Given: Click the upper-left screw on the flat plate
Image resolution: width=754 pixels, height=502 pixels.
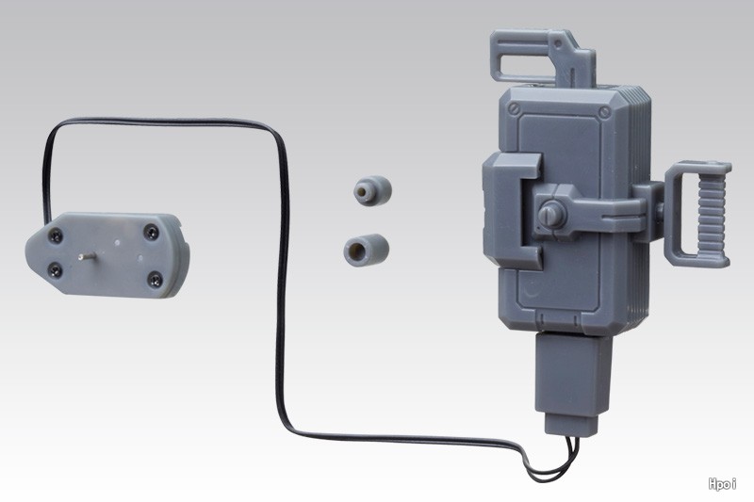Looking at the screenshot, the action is [x=57, y=235].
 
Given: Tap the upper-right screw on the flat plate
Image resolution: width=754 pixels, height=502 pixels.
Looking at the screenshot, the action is [x=152, y=233].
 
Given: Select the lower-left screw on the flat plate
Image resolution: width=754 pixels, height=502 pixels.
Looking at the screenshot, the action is [x=56, y=271].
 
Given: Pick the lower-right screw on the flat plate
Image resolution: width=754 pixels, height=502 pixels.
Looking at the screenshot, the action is [x=155, y=279].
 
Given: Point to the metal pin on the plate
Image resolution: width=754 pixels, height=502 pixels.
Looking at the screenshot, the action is [x=87, y=256].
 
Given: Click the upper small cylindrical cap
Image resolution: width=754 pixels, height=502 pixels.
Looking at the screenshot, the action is [x=372, y=190].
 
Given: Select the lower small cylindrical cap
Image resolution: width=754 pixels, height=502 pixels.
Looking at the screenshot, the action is [x=367, y=250].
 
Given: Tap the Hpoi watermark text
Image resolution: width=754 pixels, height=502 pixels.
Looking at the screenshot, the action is [x=722, y=484].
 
